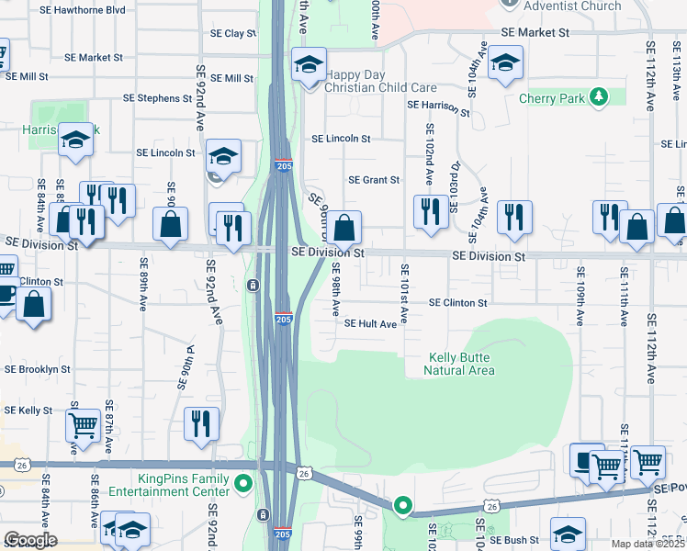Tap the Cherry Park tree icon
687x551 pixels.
[599, 96]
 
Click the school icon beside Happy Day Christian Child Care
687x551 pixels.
[310, 65]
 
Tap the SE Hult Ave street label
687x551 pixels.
[370, 324]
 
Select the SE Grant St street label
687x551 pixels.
[374, 181]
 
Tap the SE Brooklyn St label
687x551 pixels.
[38, 369]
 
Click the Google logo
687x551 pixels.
[30, 540]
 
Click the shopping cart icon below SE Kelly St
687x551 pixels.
[83, 425]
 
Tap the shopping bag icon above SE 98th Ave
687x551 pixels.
[344, 227]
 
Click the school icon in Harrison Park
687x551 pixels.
[76, 140]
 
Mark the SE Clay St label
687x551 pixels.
[232, 33]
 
